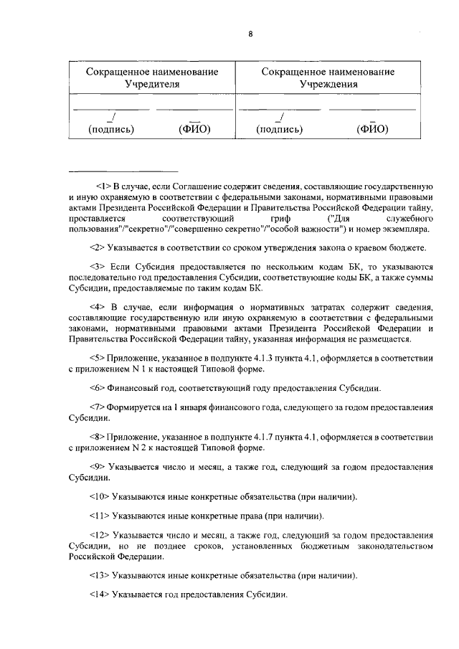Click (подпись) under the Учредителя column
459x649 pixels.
pyautogui.click(x=111, y=130)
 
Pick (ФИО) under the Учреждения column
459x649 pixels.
pyautogui.click(x=372, y=130)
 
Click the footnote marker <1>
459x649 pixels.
pyautogui.click(x=98, y=186)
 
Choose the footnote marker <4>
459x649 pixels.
pyautogui.click(x=98, y=306)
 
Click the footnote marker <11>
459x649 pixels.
pyautogui.click(x=100, y=516)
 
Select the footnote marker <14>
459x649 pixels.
pyautogui.click(x=100, y=594)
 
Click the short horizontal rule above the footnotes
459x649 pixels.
pyautogui.click(x=123, y=171)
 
